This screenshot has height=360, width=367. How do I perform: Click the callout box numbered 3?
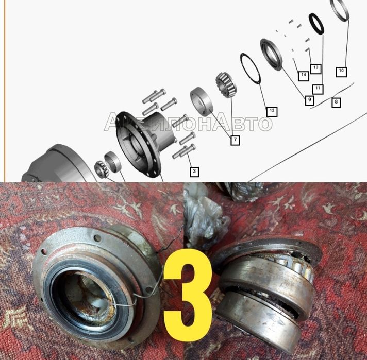tap(194, 172)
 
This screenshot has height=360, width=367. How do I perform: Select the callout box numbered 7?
tap(235, 140)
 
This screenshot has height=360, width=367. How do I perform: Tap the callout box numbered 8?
tap(336, 102)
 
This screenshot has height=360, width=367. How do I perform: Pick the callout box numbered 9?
tap(309, 100)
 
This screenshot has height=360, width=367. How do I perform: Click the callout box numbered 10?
tap(341, 71)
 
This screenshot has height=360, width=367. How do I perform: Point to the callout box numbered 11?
tap(318, 89)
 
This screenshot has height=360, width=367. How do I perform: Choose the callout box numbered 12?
tap(272, 111)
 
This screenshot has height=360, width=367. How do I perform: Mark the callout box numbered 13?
tap(315, 68)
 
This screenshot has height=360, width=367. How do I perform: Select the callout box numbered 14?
tap(303, 75)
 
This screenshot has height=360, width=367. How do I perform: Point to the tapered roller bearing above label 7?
tap(226, 85)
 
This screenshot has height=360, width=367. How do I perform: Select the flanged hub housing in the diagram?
tap(145, 143)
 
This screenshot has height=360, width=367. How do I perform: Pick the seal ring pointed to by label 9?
tap(272, 55)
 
